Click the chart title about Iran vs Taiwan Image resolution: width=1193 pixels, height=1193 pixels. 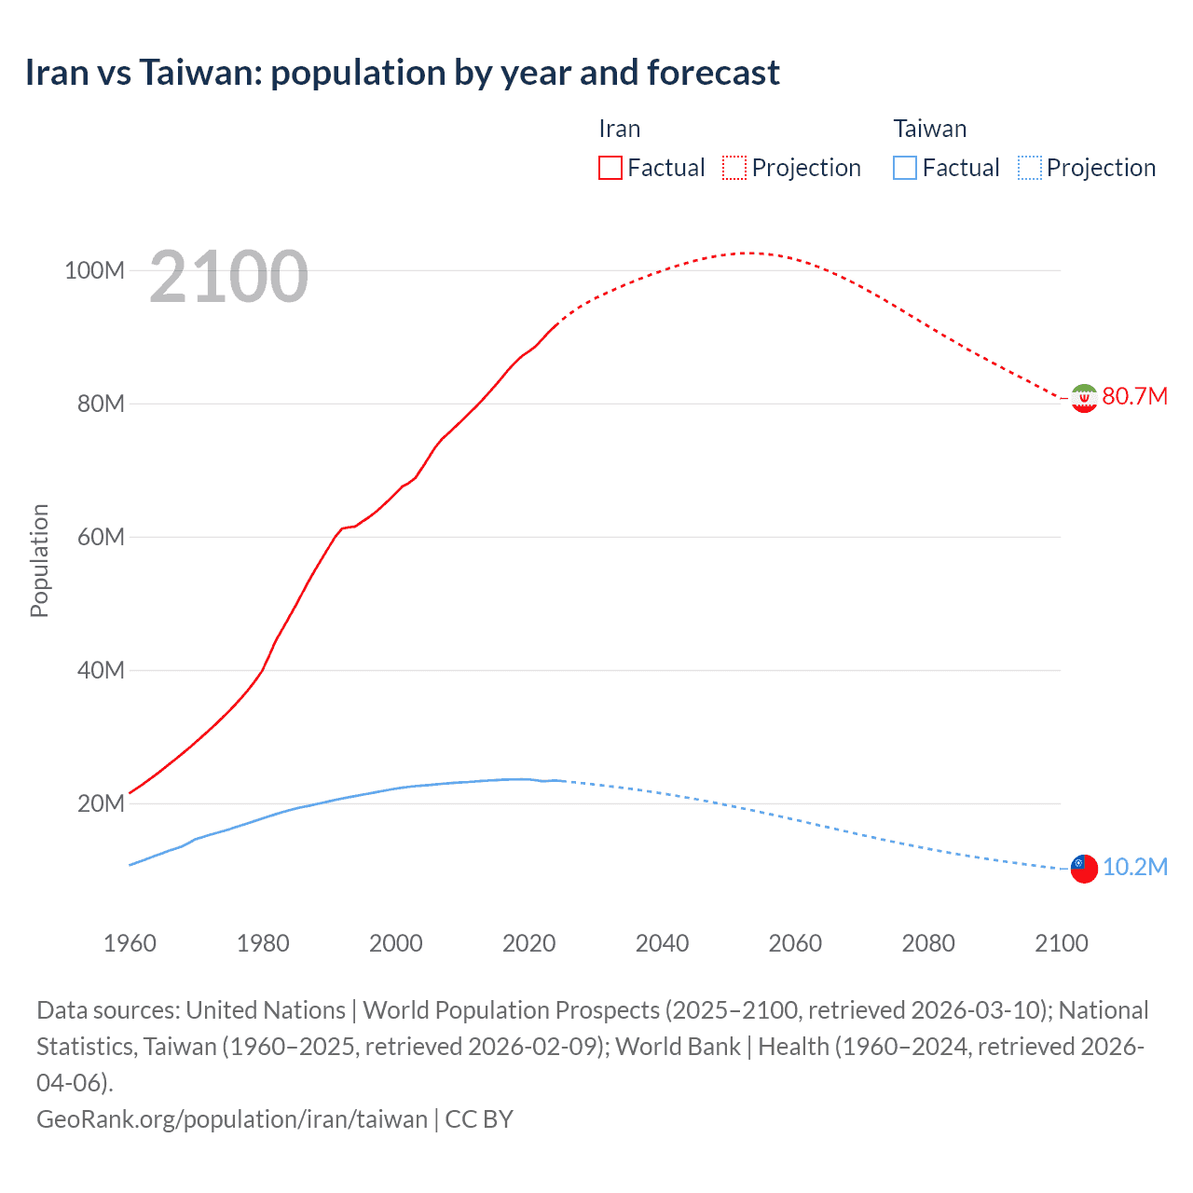[402, 73]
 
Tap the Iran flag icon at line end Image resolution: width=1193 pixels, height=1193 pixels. [1084, 398]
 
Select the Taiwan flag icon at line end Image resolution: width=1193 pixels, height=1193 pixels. [1084, 869]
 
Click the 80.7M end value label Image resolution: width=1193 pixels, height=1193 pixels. [1134, 397]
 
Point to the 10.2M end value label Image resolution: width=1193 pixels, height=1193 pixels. [1134, 868]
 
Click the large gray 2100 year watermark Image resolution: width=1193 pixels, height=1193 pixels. [228, 277]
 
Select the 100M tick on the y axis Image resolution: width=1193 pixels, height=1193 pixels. [94, 271]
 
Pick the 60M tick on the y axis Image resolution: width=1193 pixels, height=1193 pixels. [100, 538]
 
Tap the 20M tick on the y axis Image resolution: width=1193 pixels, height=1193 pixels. [100, 804]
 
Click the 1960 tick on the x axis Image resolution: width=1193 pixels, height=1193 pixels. [130, 943]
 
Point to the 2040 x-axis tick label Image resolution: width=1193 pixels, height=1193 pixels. [662, 943]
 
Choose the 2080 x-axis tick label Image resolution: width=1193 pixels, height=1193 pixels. [928, 943]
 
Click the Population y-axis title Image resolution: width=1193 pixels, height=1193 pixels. [39, 560]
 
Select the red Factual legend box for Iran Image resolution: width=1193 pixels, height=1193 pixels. [610, 168]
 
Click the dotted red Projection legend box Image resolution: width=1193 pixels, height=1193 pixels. [734, 168]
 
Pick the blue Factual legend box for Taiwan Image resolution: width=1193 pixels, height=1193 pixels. [904, 168]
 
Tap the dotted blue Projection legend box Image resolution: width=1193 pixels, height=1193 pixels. [1029, 168]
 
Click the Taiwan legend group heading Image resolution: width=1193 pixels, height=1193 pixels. [929, 129]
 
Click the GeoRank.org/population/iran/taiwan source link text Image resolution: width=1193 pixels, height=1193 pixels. [231, 1118]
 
